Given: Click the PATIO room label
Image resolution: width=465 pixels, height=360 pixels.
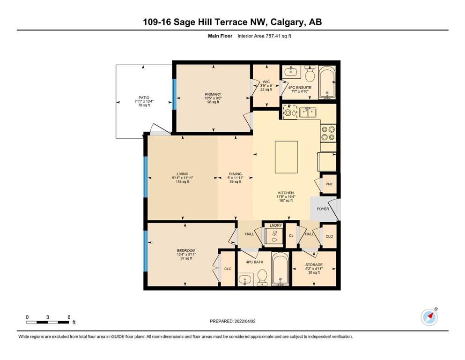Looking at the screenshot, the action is pos(144,97).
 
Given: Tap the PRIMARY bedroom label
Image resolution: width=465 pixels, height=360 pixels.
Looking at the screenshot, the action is pos(213,94).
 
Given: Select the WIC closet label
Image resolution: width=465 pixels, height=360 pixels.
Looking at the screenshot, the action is pos(266,82).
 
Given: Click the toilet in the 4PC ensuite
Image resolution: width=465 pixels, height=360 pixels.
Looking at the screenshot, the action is pos(310,74).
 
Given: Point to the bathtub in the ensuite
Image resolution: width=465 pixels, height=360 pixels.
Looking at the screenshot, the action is pos(327,82).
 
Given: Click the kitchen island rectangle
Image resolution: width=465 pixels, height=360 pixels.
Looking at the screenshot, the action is pos(286,157).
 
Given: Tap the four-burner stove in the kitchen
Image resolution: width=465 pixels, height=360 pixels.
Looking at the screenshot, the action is pos(328,133).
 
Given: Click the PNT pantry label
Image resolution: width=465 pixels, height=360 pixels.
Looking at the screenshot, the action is pos(329,184).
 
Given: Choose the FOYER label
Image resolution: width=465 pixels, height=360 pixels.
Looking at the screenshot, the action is pos(323,209).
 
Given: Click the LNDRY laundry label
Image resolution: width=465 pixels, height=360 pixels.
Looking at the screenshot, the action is pos(276,225).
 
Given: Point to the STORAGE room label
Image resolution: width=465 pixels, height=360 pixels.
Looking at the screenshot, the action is pos(314,265).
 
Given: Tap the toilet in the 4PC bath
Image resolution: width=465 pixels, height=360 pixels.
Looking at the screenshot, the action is pos(262,277).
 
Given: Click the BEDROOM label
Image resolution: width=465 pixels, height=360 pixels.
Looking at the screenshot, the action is pos(186,251).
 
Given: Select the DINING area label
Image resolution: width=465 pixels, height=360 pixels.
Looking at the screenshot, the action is pos(235,174).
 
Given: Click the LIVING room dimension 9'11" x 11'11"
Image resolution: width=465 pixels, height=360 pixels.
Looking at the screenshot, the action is pos(182,178).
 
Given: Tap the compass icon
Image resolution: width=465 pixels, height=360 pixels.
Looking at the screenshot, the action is pos(429,317).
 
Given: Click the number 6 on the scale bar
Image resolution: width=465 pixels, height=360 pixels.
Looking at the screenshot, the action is pos(69,317).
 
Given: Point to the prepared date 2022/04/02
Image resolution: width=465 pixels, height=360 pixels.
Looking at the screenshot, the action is pos(245,321).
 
